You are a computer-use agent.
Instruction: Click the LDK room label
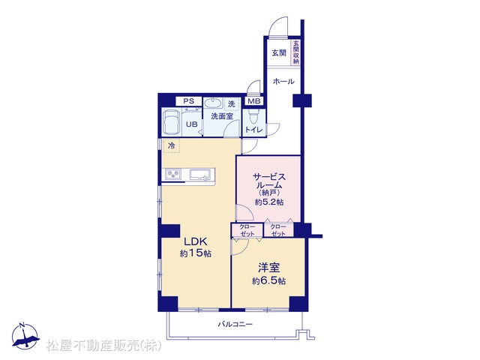tap(195, 241)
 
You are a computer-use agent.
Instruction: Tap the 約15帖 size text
tap(195, 253)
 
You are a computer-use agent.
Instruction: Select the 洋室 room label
tap(268, 268)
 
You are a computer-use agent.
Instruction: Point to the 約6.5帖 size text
tap(268, 281)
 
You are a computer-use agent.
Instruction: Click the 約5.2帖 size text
tap(269, 202)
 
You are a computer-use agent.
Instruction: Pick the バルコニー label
tap(235, 324)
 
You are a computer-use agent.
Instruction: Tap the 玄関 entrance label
tap(279, 52)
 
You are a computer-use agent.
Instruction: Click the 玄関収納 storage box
tap(295, 52)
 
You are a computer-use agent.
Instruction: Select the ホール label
tap(283, 82)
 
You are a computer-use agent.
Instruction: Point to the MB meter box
tap(254, 101)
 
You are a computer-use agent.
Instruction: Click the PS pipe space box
tap(188, 101)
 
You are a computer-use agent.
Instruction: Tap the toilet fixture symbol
tap(253, 117)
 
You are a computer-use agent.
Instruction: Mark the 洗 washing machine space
tap(232, 103)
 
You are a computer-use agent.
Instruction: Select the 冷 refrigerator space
tap(172, 145)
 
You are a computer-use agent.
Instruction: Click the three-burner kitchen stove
tap(173, 175)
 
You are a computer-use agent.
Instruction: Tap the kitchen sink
tap(200, 175)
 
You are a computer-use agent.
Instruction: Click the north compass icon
tap(25, 336)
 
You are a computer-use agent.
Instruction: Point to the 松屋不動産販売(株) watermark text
tap(104, 345)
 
